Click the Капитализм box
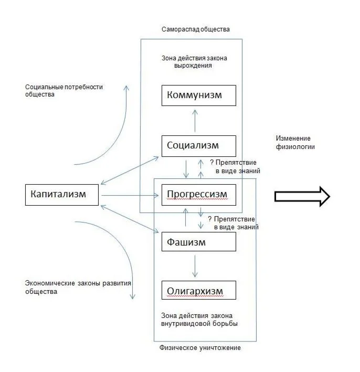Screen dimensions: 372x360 click(x=62, y=195)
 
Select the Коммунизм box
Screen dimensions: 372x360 click(x=199, y=95)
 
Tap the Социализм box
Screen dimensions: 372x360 click(x=199, y=145)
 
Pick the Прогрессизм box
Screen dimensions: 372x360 click(x=199, y=195)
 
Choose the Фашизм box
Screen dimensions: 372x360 click(x=199, y=242)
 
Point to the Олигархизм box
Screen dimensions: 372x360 click(x=199, y=290)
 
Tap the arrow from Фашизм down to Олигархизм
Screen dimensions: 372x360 click(x=195, y=266)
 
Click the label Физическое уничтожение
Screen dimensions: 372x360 click(x=200, y=348)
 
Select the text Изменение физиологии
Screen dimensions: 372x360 click(x=295, y=143)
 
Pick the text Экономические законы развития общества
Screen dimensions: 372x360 click(x=78, y=287)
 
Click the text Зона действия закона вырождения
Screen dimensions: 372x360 click(x=194, y=62)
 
